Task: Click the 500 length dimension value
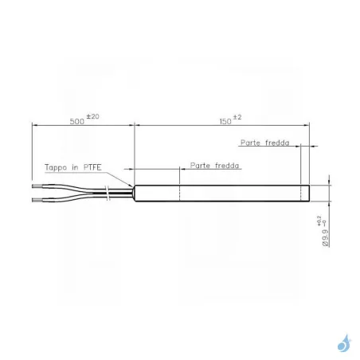(x=77, y=122)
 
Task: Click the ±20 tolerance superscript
(x=92, y=116)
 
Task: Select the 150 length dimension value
(x=225, y=122)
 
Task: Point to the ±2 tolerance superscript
(x=237, y=117)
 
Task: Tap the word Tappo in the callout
(x=56, y=168)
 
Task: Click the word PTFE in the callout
(x=92, y=167)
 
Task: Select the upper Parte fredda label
(x=265, y=143)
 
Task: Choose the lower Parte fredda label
(x=214, y=166)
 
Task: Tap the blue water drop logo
(x=344, y=343)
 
